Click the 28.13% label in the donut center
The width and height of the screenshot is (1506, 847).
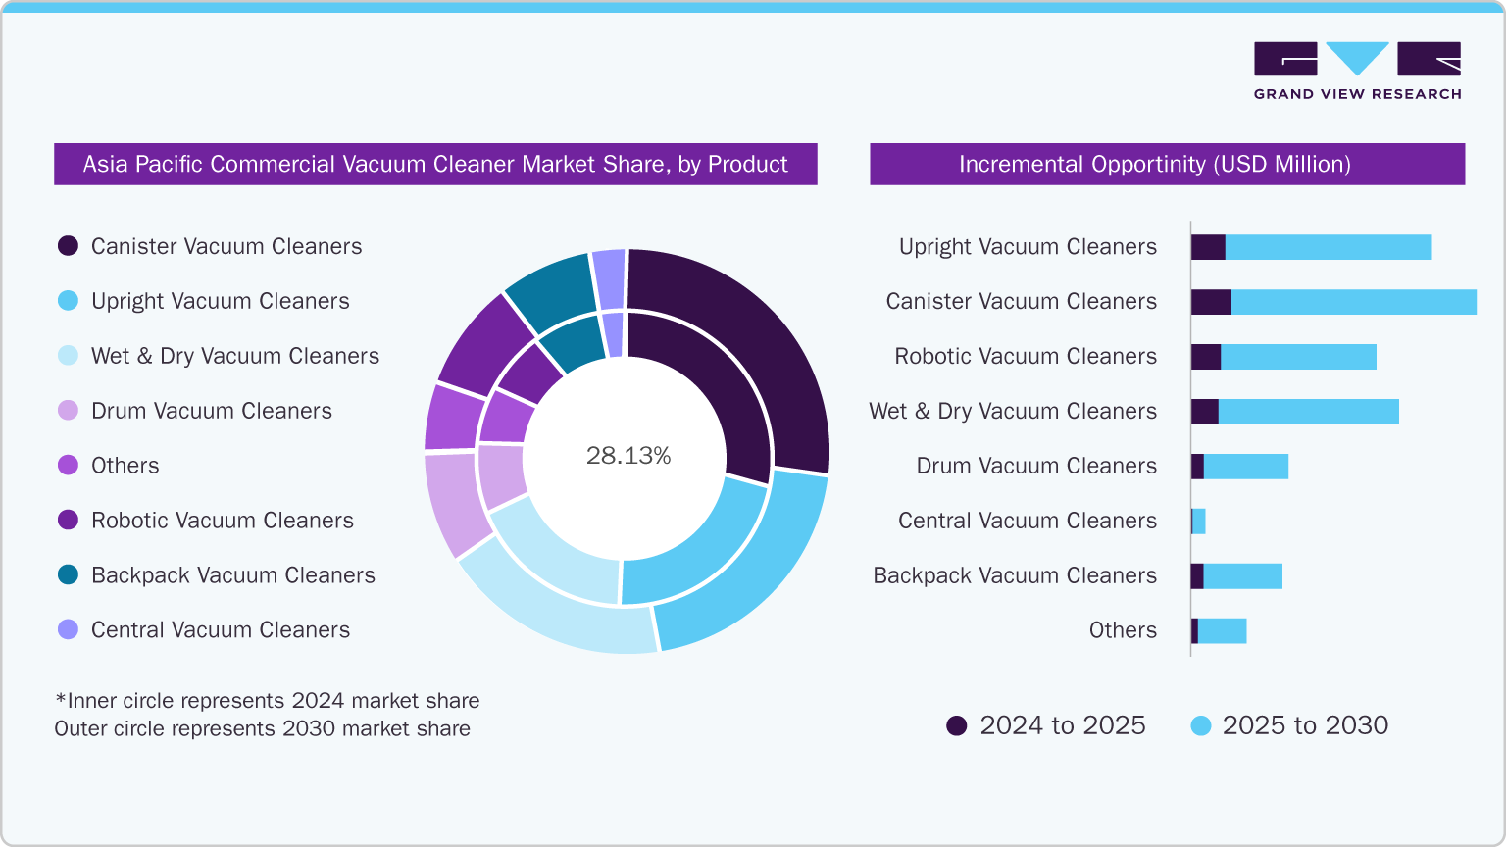pyautogui.click(x=628, y=456)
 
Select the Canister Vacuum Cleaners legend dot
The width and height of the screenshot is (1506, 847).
pyautogui.click(x=68, y=246)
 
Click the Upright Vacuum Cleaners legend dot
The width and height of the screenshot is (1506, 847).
pyautogui.click(x=68, y=301)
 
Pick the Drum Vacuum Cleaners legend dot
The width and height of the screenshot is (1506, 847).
pyautogui.click(x=68, y=411)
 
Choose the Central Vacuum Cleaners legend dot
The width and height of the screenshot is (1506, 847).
pyautogui.click(x=68, y=630)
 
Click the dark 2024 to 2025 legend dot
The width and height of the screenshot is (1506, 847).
pyautogui.click(x=956, y=725)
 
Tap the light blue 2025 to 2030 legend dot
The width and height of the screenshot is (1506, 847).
pyautogui.click(x=1200, y=725)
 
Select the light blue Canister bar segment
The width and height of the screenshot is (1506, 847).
pyautogui.click(x=1353, y=302)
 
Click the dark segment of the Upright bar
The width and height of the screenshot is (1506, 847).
pyautogui.click(x=1208, y=247)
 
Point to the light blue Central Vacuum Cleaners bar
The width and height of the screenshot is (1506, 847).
pyautogui.click(x=1199, y=522)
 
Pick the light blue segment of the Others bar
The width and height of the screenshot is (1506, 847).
pyautogui.click(x=1222, y=631)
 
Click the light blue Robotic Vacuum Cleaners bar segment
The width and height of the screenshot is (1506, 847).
pyautogui.click(x=1298, y=357)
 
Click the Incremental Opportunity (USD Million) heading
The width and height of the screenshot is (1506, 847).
pyautogui.click(x=1155, y=164)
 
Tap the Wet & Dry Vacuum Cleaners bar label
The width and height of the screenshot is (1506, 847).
pyautogui.click(x=1012, y=412)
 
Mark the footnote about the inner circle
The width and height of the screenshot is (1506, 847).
pyautogui.click(x=267, y=701)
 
